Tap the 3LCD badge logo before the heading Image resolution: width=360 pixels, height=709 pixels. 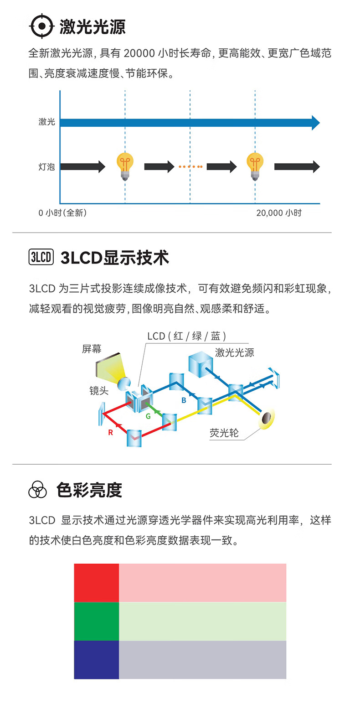point(41,257)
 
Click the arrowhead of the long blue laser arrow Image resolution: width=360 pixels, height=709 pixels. point(315,123)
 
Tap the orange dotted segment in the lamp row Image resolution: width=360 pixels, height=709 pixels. point(190,167)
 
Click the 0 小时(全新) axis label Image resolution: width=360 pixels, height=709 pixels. point(62,213)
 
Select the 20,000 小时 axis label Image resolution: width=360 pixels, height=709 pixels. point(278,213)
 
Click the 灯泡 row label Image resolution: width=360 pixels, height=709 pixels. point(46,167)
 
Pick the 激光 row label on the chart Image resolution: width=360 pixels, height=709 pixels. point(46,122)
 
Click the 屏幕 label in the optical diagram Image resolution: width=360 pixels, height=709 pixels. point(92,349)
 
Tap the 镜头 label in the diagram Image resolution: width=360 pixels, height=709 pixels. point(99,391)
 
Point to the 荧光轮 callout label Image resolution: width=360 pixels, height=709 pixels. point(224,433)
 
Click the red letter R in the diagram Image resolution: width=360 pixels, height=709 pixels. point(110,433)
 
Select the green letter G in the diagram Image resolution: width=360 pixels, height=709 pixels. point(148,416)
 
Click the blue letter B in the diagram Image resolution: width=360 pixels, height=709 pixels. point(184,400)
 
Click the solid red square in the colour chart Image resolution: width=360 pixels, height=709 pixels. point(96,582)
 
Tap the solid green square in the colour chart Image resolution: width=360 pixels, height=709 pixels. point(96,621)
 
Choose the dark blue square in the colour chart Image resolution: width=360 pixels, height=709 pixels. point(96,659)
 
